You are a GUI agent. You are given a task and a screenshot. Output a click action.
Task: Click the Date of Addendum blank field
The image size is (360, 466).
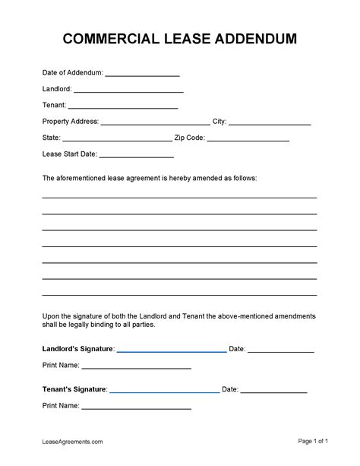(x=142, y=74)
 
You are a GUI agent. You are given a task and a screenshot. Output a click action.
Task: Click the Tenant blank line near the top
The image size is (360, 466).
(x=123, y=106)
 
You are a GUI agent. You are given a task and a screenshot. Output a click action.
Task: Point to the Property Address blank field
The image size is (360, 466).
(x=155, y=122)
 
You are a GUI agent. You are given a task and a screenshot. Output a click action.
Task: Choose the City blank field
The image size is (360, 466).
(x=270, y=122)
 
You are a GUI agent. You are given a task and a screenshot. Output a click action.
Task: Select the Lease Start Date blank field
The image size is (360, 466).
(x=137, y=155)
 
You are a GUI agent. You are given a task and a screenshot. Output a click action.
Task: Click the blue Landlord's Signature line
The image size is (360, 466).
(x=171, y=350)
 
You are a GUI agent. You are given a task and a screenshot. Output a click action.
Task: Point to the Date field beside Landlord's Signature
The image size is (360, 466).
(x=280, y=350)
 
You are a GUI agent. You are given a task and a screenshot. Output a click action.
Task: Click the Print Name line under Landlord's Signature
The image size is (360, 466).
(x=136, y=366)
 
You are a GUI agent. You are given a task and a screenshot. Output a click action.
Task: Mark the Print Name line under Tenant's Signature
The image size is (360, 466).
(x=136, y=407)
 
